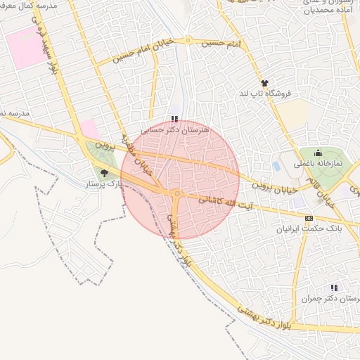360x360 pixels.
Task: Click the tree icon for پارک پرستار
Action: (x=105, y=172)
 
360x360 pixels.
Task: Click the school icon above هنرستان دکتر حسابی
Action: (x=174, y=119)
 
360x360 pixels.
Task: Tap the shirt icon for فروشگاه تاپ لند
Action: (x=264, y=83)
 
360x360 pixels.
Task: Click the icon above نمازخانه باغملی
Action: (x=318, y=153)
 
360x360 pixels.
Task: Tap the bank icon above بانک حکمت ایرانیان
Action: (x=309, y=217)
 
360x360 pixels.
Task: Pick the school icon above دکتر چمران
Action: (x=334, y=287)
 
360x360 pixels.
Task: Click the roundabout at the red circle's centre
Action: (x=178, y=193)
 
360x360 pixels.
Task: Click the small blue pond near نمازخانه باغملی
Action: (x=276, y=167)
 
